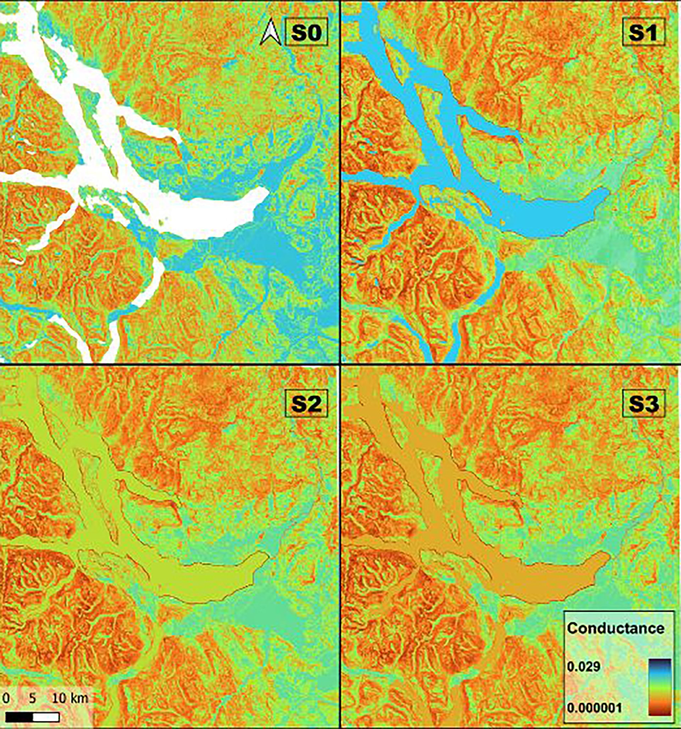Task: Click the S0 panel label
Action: [306, 33]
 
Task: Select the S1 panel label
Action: [643, 33]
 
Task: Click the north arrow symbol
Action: [270, 33]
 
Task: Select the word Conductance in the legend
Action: [615, 629]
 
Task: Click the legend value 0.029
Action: [583, 666]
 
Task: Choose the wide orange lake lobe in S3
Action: [550, 583]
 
